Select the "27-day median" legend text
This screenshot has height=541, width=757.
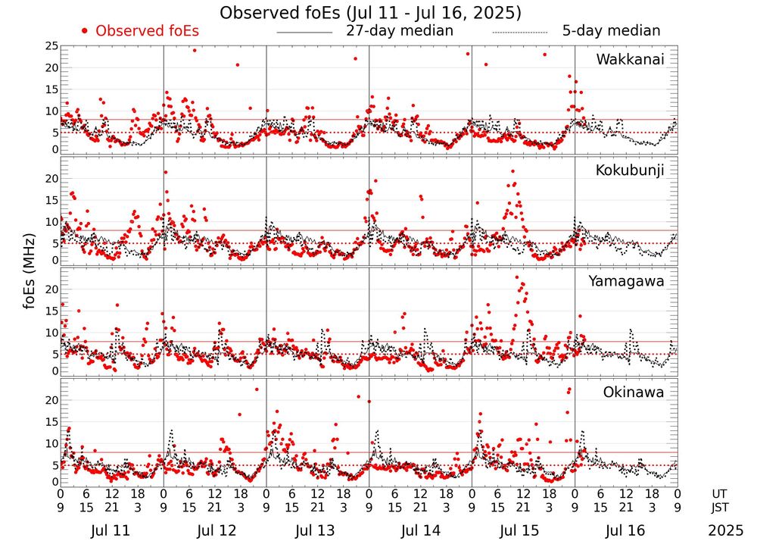(399, 31)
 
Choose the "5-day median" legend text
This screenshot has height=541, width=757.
(611, 31)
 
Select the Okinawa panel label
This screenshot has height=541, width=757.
(634, 392)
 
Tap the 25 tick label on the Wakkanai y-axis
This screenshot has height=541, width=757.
(51, 47)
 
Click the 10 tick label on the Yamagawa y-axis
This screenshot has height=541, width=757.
(51, 333)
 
